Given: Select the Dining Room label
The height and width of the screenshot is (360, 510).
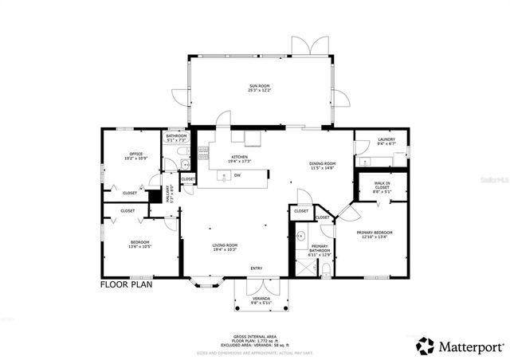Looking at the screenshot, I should click(x=324, y=164).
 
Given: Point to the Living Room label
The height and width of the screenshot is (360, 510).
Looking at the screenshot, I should click(x=226, y=245).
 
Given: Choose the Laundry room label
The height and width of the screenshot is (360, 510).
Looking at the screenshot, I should click(x=386, y=140).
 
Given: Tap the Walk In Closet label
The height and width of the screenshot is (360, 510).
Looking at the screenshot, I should click(x=382, y=185).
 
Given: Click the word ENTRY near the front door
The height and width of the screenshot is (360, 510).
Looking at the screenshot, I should click(x=256, y=268).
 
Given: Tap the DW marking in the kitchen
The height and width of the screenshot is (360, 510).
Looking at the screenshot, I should click(x=237, y=175).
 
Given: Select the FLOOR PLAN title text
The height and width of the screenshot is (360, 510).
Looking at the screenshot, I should click(x=126, y=284).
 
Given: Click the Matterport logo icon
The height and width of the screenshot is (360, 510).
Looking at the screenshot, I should click(x=426, y=346).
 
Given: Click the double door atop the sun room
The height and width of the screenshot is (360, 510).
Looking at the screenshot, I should click(x=310, y=46).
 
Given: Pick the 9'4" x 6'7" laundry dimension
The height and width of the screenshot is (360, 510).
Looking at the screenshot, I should click(x=386, y=145).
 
